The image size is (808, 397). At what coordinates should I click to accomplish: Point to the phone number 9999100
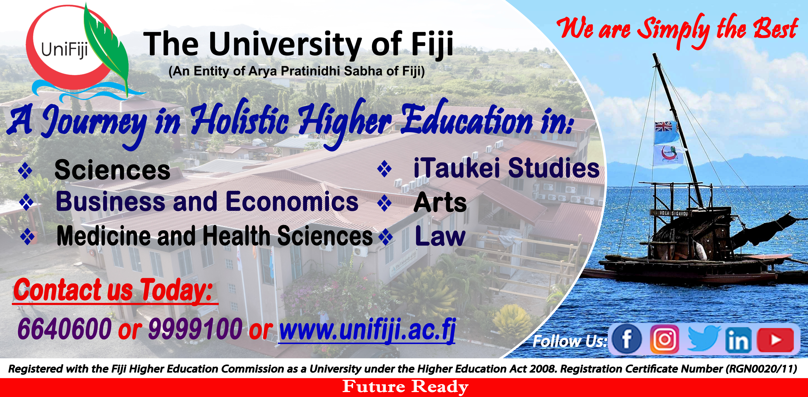(x=195, y=328)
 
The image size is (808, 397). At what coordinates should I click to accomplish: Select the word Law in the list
(x=440, y=236)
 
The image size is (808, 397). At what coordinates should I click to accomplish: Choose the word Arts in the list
(x=440, y=202)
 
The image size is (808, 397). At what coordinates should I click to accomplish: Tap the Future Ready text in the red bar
(x=405, y=387)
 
